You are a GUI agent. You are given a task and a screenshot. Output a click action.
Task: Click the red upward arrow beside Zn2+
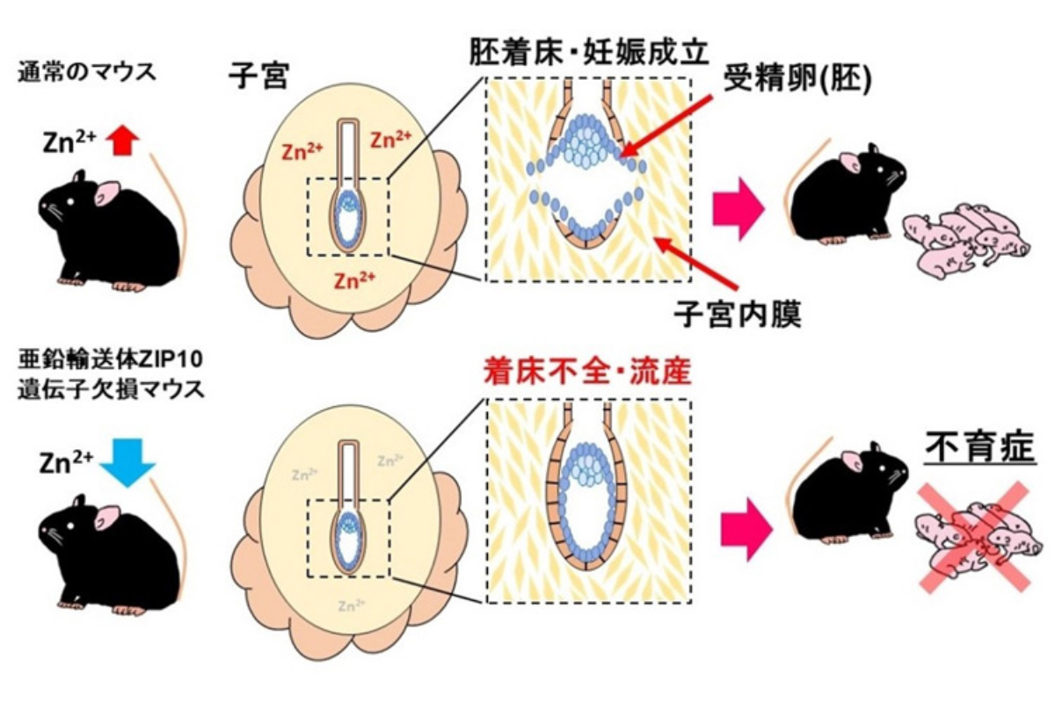[x=122, y=141]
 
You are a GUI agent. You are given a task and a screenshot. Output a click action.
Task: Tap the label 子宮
[x=258, y=76]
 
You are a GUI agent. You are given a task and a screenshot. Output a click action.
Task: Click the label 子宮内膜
[x=738, y=313]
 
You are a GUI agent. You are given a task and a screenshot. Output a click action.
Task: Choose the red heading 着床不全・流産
[x=587, y=372]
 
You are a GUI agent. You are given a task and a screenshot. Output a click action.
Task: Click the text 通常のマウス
[x=87, y=73]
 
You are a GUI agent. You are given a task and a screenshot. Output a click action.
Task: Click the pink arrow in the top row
[x=737, y=208]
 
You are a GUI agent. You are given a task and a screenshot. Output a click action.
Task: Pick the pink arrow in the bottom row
[x=746, y=530]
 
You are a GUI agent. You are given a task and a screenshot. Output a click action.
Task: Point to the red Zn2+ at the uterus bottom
[x=354, y=280]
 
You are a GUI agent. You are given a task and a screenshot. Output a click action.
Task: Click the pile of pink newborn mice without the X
[x=965, y=239]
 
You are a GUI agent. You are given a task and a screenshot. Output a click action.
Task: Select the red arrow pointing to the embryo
[x=666, y=127]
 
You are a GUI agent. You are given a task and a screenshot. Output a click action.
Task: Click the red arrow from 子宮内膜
[x=695, y=263]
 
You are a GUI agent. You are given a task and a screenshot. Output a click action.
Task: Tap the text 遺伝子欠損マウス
[x=111, y=389]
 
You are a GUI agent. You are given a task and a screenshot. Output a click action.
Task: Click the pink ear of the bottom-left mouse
[x=107, y=518]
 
